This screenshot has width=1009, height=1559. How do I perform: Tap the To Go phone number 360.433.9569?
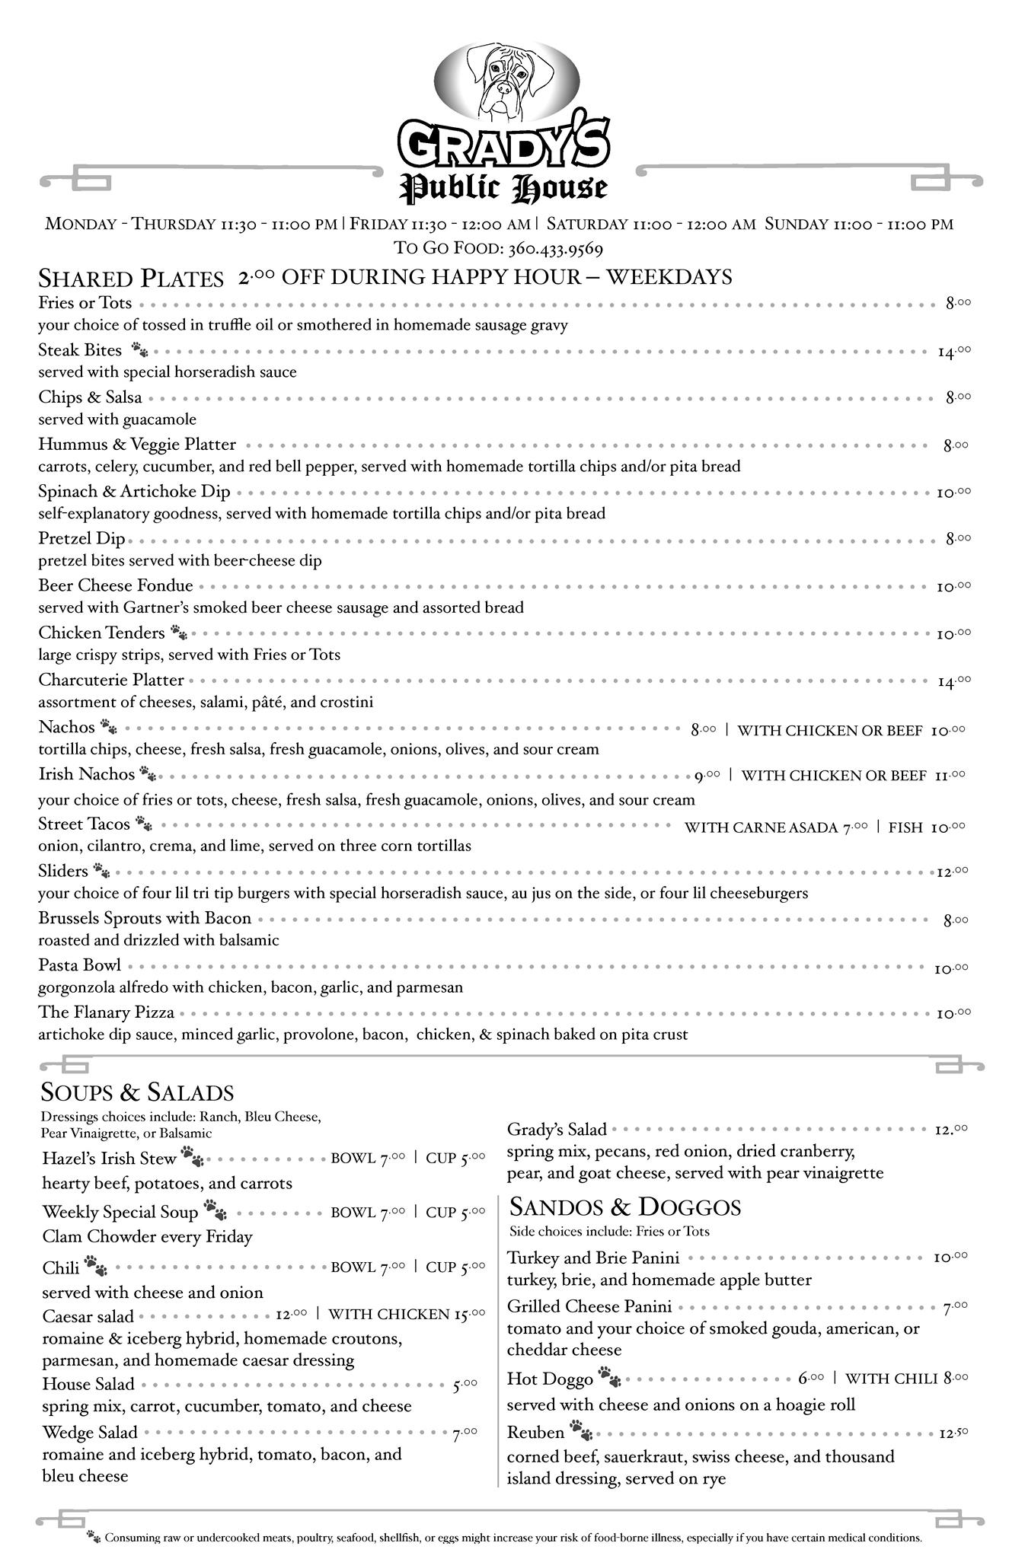click(x=555, y=249)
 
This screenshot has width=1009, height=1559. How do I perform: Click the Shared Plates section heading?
click(x=131, y=279)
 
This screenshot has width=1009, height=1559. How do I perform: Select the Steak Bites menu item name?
click(x=80, y=350)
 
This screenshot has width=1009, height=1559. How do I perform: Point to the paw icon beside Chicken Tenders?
click(x=179, y=632)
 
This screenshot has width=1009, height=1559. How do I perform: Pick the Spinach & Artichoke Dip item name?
click(x=134, y=492)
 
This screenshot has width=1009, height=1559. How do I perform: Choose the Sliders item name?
click(x=63, y=871)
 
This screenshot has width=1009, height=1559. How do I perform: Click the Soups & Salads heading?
click(x=137, y=1092)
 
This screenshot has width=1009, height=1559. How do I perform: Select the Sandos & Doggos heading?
click(x=624, y=1207)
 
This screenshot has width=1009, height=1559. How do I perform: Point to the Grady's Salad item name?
click(x=557, y=1130)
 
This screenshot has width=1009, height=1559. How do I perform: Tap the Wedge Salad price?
click(x=465, y=1433)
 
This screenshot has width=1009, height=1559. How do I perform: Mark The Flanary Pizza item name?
click(x=107, y=1012)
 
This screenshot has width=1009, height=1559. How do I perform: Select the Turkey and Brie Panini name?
click(x=593, y=1258)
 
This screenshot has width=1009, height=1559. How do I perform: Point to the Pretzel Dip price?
click(x=958, y=539)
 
